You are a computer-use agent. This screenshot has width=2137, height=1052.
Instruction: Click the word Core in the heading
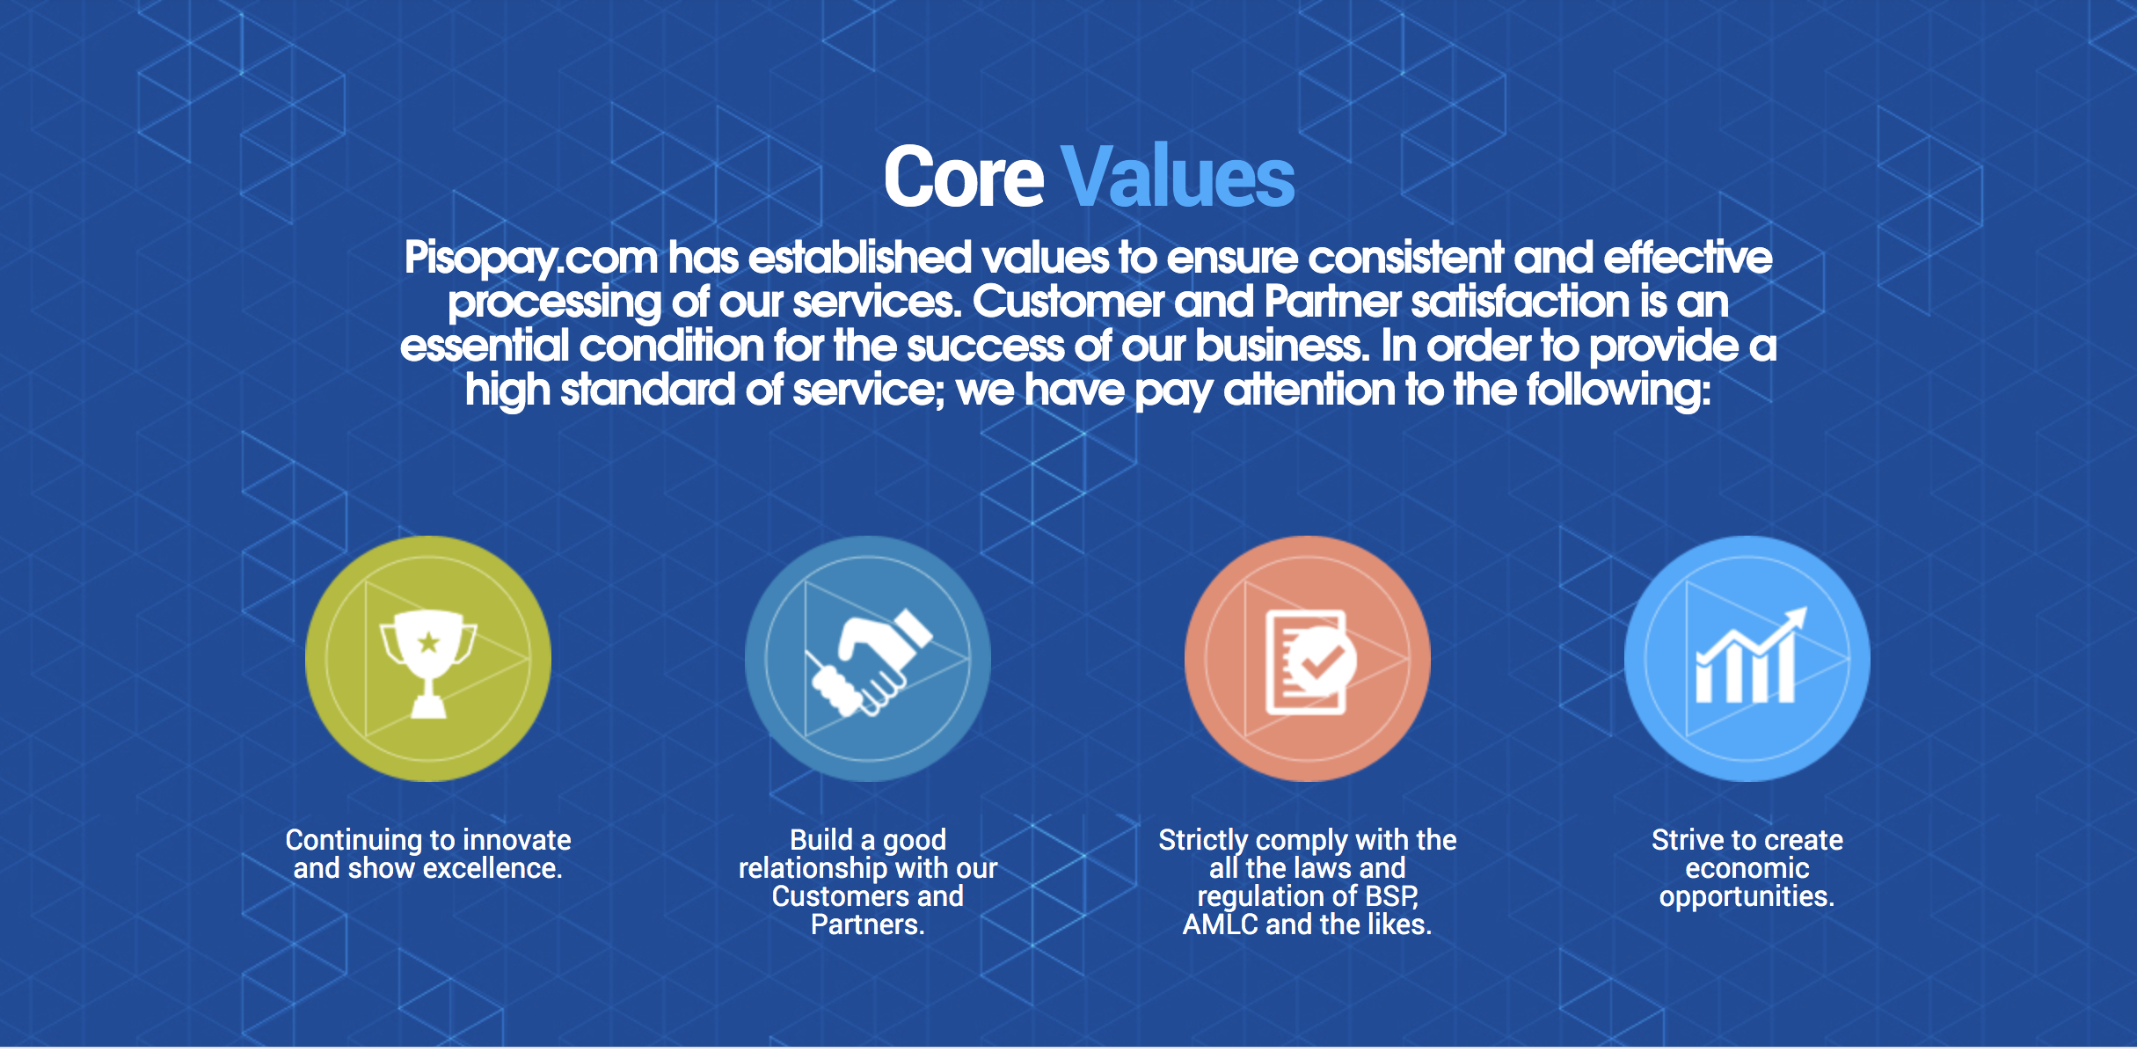tap(964, 178)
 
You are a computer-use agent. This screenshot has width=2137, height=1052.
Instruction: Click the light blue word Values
tap(1178, 178)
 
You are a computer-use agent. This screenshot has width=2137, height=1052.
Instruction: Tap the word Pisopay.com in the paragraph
tap(530, 259)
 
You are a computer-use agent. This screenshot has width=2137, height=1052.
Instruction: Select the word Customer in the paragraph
tap(1068, 302)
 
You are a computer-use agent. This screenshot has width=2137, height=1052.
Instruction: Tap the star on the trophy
tap(428, 643)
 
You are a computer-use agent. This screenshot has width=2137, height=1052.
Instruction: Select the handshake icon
tap(868, 662)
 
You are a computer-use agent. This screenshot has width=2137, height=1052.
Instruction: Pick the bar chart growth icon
tap(1747, 655)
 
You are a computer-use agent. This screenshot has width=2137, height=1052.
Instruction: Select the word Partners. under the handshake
tap(867, 924)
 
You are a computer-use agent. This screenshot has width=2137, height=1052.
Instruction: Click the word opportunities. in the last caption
tap(1747, 897)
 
